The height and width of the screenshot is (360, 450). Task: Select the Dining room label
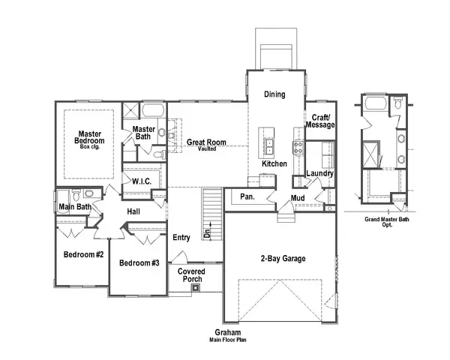pyautogui.click(x=274, y=94)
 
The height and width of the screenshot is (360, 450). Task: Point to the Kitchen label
pyautogui.click(x=274, y=163)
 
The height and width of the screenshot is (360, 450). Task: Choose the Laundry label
pyautogui.click(x=320, y=174)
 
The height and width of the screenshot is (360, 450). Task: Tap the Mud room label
pyautogui.click(x=298, y=198)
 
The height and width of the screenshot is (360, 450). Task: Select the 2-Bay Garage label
pyautogui.click(x=282, y=259)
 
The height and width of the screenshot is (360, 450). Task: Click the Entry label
pyautogui.click(x=181, y=237)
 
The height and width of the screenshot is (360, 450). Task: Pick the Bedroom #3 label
pyautogui.click(x=139, y=262)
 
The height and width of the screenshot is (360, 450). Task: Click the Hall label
pyautogui.click(x=133, y=212)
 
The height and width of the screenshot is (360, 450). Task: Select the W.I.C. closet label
pyautogui.click(x=142, y=182)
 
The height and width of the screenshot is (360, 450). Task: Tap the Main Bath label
pyautogui.click(x=76, y=207)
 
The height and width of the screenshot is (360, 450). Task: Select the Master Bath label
pyautogui.click(x=144, y=133)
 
